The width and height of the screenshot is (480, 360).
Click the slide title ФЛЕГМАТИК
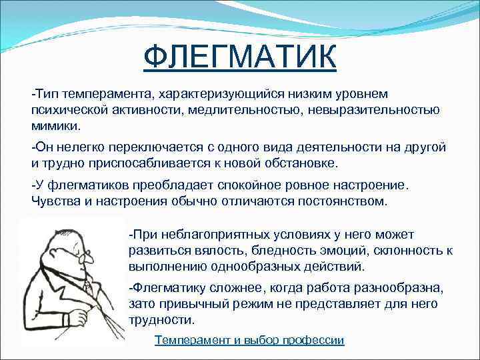[x=240, y=57]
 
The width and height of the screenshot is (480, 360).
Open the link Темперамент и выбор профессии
[x=249, y=340]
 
